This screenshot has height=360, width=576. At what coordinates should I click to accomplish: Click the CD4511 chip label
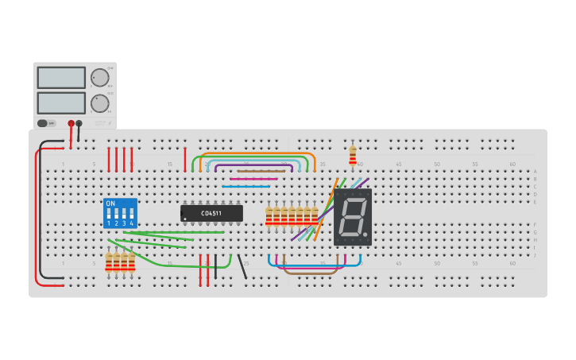tap(211, 213)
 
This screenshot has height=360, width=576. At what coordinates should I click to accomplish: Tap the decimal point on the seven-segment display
tap(365, 234)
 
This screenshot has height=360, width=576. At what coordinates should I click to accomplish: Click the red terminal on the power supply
tap(71, 124)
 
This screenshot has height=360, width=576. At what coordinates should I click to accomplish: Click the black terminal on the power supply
tap(79, 124)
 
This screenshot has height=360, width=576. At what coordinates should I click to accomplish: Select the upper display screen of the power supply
tap(61, 77)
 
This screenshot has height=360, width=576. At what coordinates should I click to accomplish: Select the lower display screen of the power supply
tap(61, 103)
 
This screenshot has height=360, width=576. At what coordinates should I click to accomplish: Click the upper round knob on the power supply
tap(99, 77)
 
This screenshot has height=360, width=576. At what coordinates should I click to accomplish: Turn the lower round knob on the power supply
tap(99, 103)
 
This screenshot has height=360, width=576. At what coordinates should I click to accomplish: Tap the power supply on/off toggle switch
tap(45, 123)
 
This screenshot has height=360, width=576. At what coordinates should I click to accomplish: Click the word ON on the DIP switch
tap(110, 204)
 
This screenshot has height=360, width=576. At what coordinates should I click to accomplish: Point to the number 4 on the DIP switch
tap(131, 223)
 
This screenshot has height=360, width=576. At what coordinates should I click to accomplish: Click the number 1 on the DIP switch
tap(109, 223)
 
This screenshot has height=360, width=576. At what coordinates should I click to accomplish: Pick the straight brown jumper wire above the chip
tap(261, 171)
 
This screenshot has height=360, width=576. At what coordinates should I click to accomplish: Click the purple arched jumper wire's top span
tap(253, 165)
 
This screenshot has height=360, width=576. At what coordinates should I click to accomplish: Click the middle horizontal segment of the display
tap(352, 216)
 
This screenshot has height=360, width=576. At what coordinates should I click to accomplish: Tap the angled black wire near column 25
tap(242, 266)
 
